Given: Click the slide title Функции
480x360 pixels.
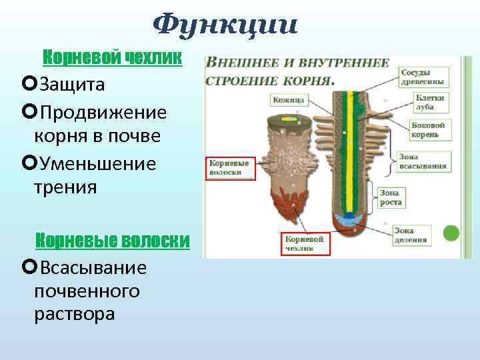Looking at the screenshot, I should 225,25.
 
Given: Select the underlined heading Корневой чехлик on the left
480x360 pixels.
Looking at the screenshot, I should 112,58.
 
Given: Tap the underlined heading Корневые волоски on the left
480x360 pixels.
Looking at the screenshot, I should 112,240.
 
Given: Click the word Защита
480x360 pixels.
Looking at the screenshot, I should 71,85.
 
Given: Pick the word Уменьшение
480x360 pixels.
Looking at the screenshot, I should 98,163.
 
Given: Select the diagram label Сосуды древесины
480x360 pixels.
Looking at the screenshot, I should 423,77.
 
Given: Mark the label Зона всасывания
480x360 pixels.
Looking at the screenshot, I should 423,161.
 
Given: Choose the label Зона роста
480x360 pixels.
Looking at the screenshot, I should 390,197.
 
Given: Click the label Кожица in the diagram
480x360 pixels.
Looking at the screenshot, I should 289,100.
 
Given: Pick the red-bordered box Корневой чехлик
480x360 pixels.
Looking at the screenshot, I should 304,243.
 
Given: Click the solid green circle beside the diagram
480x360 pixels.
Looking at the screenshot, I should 451,233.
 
